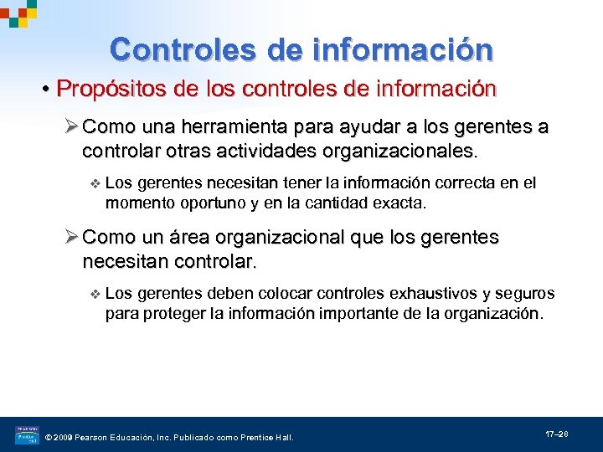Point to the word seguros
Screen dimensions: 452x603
pos(524,294)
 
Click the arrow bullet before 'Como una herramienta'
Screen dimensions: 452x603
pos(72,127)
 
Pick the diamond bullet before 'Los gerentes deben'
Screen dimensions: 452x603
pos(95,294)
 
